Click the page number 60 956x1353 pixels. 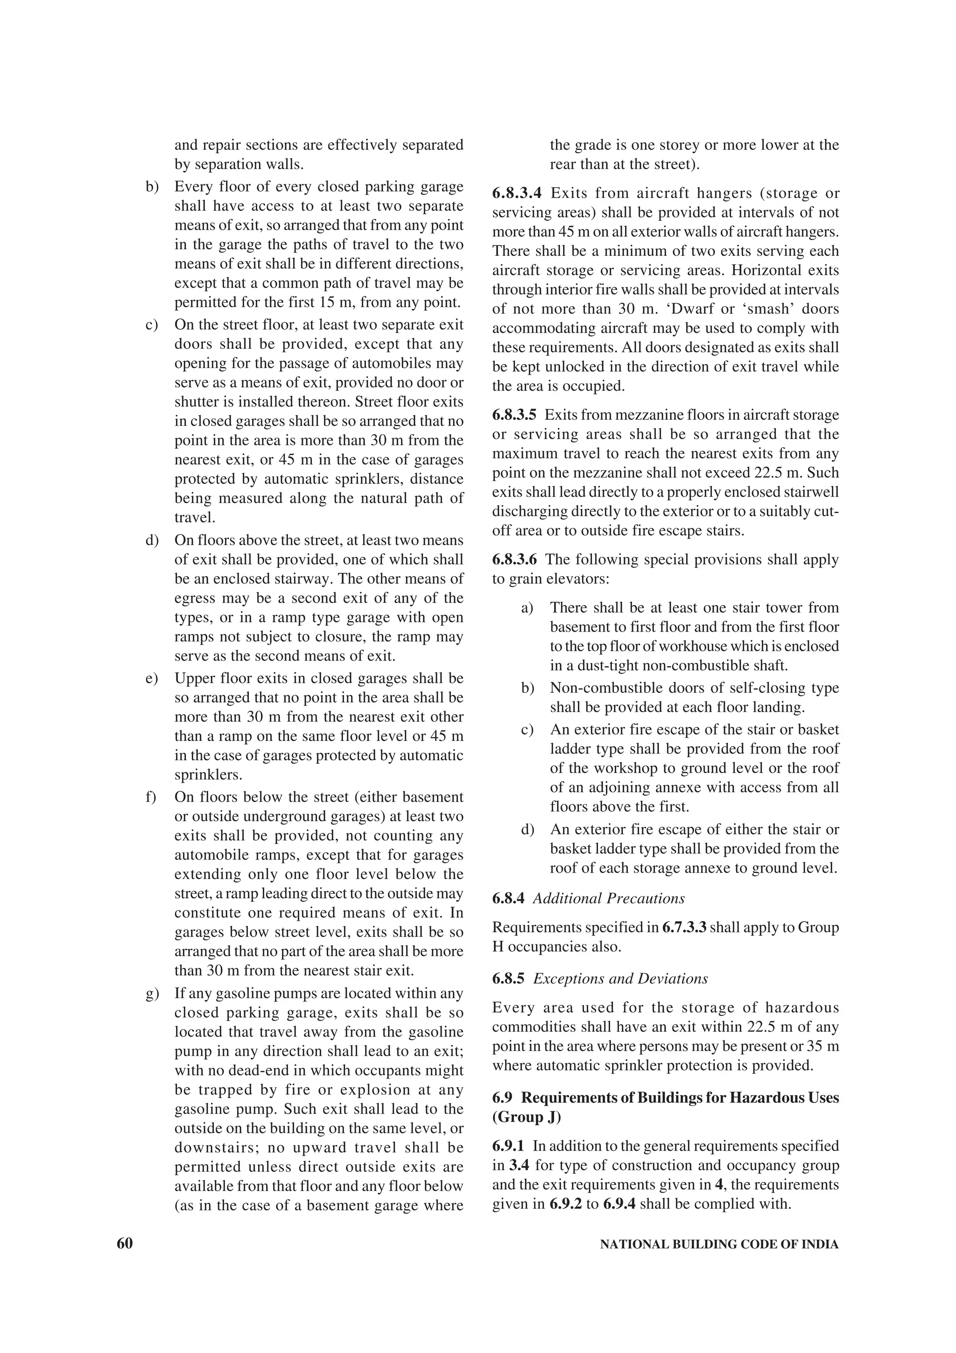coord(125,1243)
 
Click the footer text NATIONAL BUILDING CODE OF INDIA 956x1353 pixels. coord(718,1245)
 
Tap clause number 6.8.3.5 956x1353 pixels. coord(514,415)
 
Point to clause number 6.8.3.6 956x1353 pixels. coord(514,559)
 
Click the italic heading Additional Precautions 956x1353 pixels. coord(609,898)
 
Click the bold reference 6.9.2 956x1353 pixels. coord(565,1203)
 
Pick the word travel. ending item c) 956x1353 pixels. coord(194,517)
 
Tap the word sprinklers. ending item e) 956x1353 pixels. coord(208,775)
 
